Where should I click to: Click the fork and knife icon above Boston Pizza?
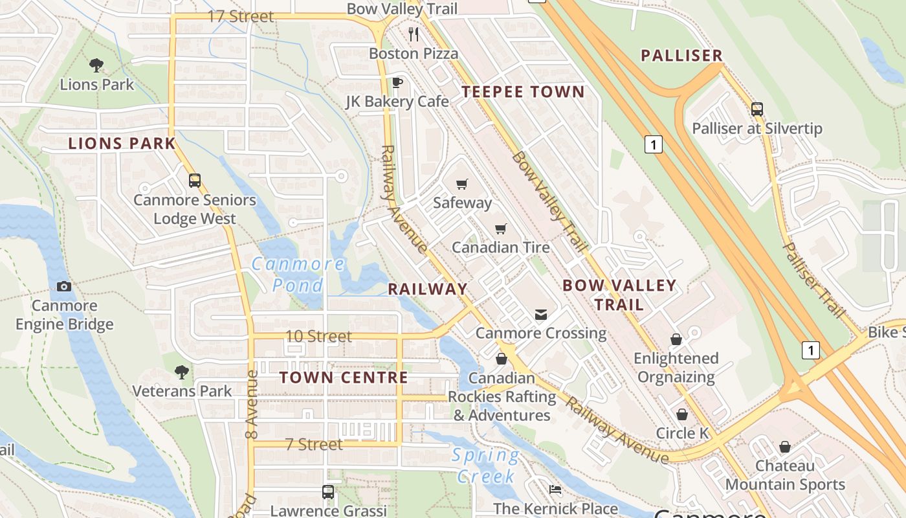[x=414, y=34]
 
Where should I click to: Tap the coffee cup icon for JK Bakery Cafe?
[x=397, y=82]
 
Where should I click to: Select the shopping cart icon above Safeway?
[x=461, y=185]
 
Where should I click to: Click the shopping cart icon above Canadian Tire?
[x=500, y=229]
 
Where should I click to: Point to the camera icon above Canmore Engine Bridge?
[x=64, y=286]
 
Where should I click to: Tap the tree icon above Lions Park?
[x=96, y=65]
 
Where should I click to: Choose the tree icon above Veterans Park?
[x=182, y=372]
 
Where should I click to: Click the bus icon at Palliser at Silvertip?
[x=757, y=109]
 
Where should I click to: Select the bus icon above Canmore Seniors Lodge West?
[x=195, y=181]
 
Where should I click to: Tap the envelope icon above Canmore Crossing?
[x=541, y=315]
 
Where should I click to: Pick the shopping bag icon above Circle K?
[x=682, y=414]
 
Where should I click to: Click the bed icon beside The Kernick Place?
[x=555, y=490]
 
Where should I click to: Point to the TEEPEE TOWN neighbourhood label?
[x=523, y=92]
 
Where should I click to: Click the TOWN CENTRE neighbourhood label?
[x=344, y=377]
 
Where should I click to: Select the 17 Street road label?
[x=241, y=16]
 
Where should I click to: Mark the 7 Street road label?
[x=313, y=445]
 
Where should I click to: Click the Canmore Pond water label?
[x=298, y=275]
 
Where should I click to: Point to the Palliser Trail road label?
[x=814, y=280]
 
